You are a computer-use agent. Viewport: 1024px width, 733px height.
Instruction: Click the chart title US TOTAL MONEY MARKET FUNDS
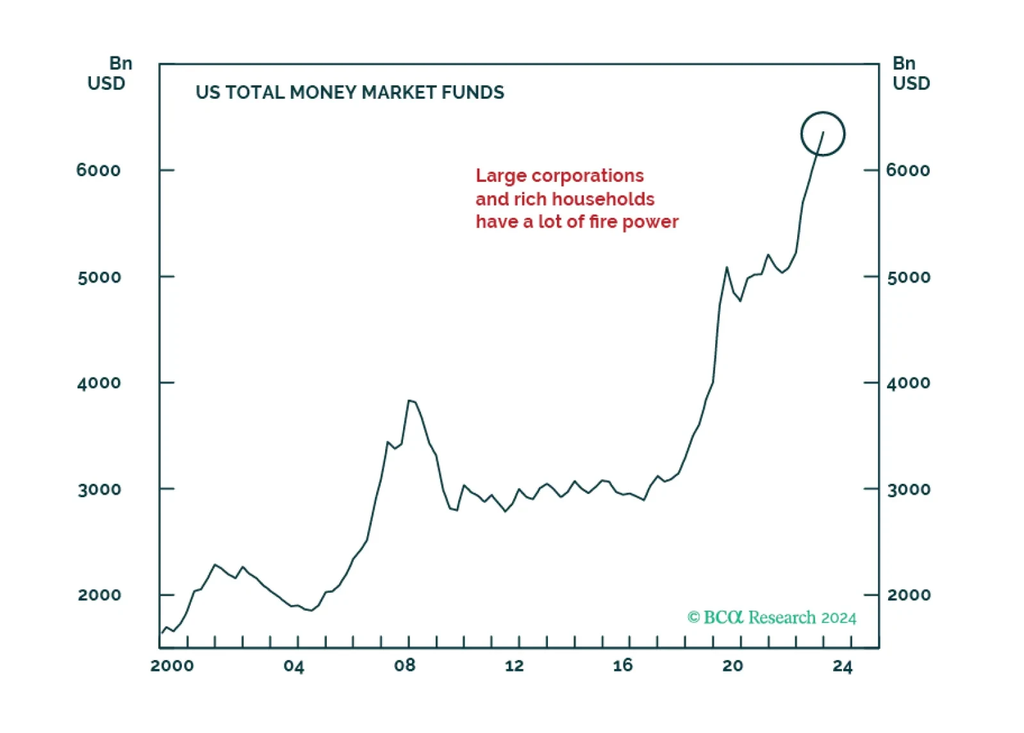click(x=350, y=92)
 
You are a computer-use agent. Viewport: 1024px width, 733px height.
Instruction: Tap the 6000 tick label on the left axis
click(x=98, y=170)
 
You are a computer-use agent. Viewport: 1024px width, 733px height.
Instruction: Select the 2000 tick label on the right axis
click(x=909, y=595)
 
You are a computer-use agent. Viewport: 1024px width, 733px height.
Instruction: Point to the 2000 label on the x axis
click(x=172, y=666)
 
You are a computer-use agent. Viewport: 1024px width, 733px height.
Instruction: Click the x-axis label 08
click(x=404, y=665)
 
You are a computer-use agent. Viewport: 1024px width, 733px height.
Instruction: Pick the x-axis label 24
click(x=843, y=666)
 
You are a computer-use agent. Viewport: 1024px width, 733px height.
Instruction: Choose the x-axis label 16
click(x=623, y=665)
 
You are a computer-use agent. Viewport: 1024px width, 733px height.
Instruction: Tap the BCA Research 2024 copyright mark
click(x=772, y=618)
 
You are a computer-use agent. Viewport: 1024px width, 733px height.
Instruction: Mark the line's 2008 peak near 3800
click(x=409, y=400)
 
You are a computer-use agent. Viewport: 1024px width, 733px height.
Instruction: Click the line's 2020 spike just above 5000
click(x=727, y=267)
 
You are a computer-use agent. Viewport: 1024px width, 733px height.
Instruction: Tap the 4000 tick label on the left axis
click(x=99, y=383)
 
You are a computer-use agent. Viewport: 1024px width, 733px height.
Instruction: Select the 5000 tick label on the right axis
click(x=909, y=277)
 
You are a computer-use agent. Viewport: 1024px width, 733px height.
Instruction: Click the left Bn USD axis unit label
click(x=110, y=73)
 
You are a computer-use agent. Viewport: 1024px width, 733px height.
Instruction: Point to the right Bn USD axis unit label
click(x=911, y=73)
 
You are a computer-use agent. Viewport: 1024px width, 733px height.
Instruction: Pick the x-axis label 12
click(x=515, y=665)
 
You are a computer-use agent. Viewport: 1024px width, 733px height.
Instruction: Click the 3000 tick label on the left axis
click(x=99, y=489)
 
